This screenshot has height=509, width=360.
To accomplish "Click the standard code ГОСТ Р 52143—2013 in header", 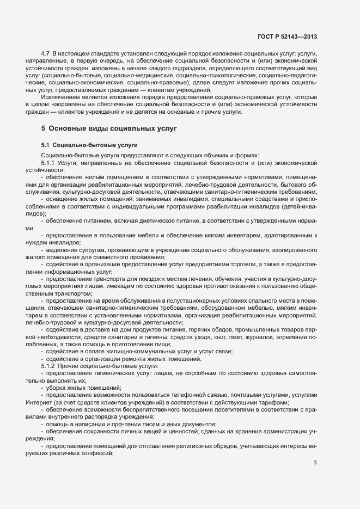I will coord(288,36).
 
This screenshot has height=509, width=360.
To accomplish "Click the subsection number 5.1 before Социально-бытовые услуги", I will coord(45,145).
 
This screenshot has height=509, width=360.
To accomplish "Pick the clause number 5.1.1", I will coord(48,162).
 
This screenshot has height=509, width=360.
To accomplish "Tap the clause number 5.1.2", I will coord(48,366).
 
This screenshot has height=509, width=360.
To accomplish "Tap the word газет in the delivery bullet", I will coord(245,337).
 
